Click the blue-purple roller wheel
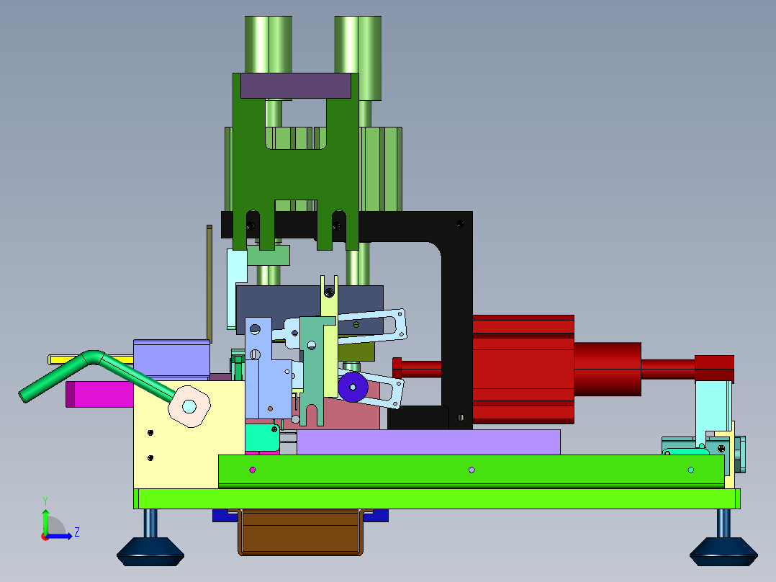[x=353, y=387]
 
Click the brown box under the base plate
[x=300, y=532]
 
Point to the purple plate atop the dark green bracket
[x=296, y=86]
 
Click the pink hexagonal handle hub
[x=189, y=406]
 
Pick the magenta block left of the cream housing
[x=99, y=394]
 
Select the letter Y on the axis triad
[x=45, y=501]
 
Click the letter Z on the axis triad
[x=77, y=532]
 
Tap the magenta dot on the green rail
[x=253, y=470]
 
